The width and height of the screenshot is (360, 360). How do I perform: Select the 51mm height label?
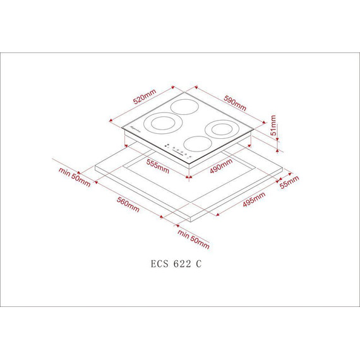273,126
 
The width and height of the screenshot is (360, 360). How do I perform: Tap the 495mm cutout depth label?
253,201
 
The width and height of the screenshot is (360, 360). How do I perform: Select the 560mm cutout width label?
128,205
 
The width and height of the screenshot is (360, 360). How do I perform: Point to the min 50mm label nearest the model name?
193,239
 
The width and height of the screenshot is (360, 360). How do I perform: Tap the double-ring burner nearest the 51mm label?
222,129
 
